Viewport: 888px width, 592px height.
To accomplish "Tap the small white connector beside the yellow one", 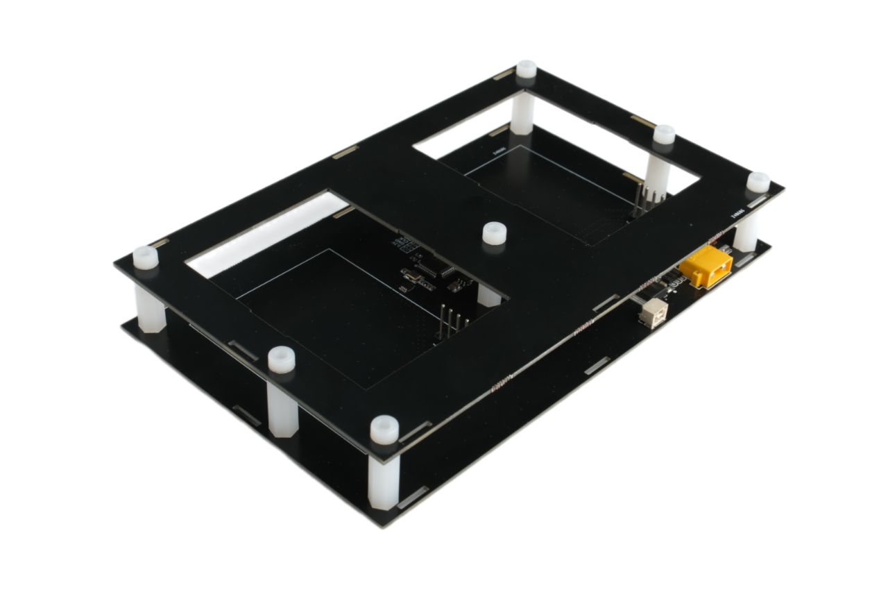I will [653, 313].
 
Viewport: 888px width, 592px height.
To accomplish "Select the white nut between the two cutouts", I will [494, 233].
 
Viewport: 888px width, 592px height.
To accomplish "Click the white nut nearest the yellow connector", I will [758, 182].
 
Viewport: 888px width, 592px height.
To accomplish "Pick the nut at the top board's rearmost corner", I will [527, 69].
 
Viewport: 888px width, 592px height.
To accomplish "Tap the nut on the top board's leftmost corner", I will [146, 257].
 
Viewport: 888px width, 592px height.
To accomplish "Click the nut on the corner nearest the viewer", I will [384, 430].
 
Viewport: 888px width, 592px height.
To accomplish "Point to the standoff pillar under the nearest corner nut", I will [384, 479].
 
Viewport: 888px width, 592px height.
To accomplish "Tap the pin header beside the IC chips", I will [451, 323].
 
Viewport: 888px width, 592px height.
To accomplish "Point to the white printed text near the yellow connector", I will [737, 214].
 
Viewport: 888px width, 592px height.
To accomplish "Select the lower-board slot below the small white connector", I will [597, 365].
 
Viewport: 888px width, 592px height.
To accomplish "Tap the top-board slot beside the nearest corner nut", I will [415, 432].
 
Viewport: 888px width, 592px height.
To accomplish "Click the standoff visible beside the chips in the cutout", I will [488, 296].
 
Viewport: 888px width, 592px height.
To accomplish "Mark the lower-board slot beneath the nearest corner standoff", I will [413, 497].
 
